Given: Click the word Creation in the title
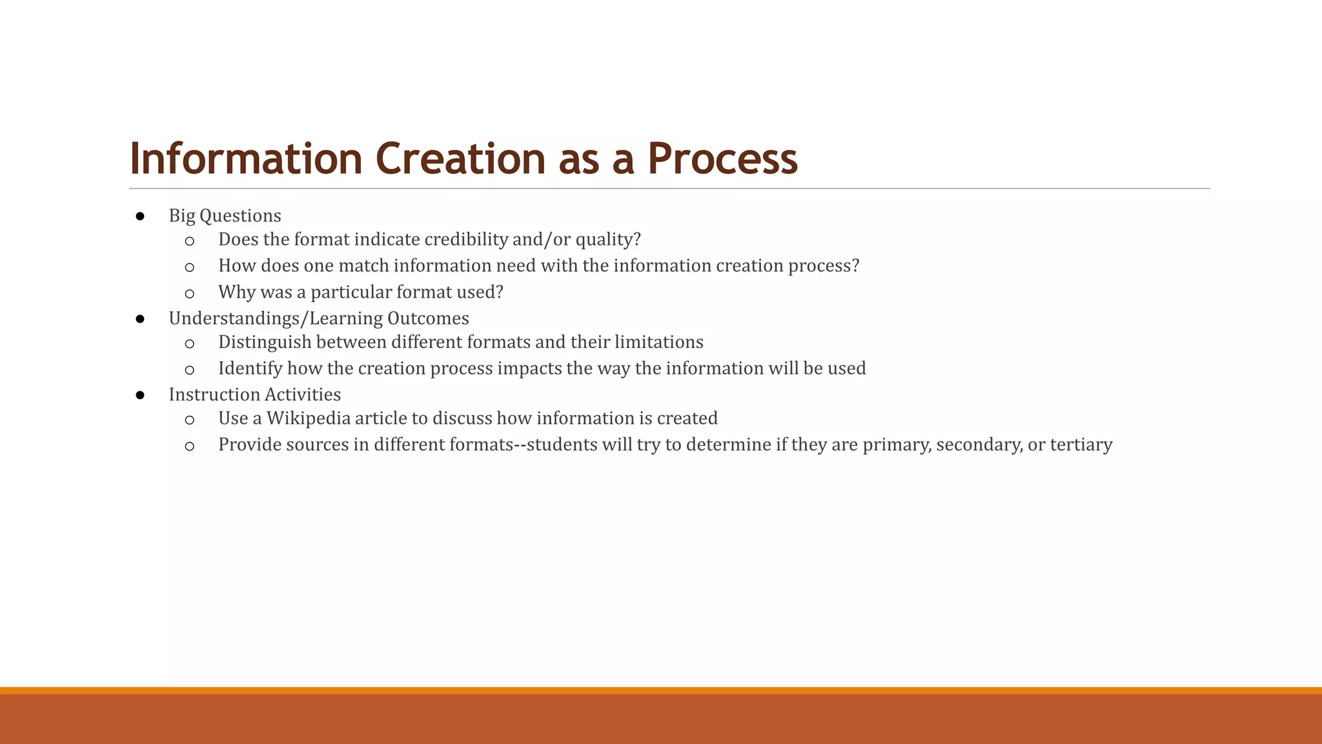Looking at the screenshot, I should [x=460, y=159].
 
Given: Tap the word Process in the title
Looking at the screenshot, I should [x=722, y=159].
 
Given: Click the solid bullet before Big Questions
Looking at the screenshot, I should [x=140, y=216].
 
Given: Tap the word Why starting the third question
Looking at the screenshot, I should [x=236, y=292].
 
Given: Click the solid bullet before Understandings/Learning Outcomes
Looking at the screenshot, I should [x=140, y=319].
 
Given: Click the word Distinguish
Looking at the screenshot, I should [x=265, y=342].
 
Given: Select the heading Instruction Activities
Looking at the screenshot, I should [x=255, y=395].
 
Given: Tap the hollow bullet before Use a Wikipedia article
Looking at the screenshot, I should [x=189, y=420].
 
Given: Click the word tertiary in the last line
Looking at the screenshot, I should [x=1081, y=445].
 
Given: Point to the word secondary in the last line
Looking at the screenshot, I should [x=979, y=445].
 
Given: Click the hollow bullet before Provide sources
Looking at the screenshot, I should [x=189, y=447].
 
